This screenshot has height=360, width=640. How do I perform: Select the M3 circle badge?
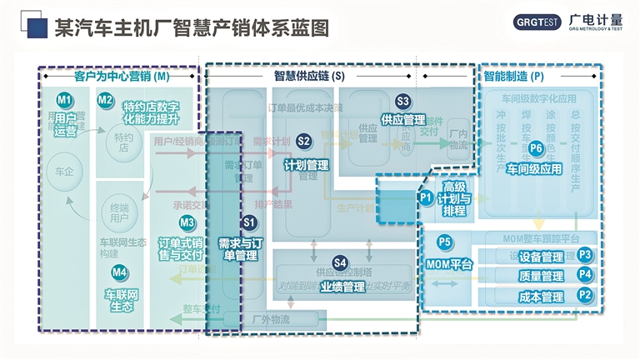[187, 222]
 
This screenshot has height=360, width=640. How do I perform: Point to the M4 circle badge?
[120, 272]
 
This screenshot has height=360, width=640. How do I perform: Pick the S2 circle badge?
[304, 142]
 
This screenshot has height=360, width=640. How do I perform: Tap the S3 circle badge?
[403, 102]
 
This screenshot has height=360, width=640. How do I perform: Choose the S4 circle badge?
[340, 263]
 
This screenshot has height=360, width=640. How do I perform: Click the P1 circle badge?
[426, 198]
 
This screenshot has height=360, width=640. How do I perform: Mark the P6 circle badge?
[536, 149]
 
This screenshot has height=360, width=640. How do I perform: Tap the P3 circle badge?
[585, 255]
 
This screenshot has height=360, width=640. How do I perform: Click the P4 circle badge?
[585, 274]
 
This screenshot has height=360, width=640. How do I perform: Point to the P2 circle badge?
[585, 294]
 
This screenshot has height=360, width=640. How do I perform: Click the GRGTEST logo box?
[536, 23]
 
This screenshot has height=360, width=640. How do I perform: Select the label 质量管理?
[541, 276]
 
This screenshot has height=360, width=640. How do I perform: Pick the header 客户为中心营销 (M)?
[122, 76]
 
